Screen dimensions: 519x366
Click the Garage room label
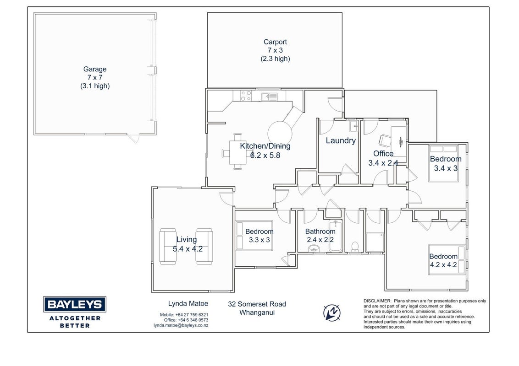point(94,70)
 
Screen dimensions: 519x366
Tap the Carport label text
point(275,42)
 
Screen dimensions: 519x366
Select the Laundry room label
point(341,141)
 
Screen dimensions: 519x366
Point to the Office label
point(383,154)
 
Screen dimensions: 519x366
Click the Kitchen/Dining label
point(265,146)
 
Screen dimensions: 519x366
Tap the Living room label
point(187,239)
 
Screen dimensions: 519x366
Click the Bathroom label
point(320,231)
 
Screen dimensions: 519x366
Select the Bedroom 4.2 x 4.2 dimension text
point(443,265)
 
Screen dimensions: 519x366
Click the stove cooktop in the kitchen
point(246,96)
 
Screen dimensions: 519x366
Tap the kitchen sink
point(269,97)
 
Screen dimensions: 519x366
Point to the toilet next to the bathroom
point(355,247)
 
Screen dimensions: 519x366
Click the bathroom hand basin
point(314,248)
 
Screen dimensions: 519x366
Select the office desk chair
point(385,140)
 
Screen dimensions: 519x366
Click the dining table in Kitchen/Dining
point(237,153)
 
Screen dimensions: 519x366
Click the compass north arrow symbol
point(331,312)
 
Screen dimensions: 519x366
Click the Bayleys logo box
point(74,304)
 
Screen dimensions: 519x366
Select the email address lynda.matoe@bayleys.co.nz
point(181,325)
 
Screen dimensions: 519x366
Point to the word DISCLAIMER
point(377,301)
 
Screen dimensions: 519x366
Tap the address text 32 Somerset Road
point(257,304)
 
